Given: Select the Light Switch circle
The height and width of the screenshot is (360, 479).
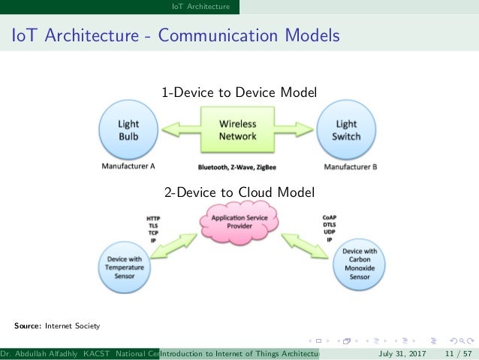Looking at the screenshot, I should coord(347,129).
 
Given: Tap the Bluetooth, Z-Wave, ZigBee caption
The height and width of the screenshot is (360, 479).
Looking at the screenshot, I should coord(237,166).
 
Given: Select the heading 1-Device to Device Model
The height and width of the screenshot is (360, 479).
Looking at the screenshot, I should coord(239,92).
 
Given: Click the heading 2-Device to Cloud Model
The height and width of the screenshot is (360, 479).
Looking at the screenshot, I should coord(239,192).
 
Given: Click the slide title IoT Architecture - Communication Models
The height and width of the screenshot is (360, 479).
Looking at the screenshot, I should coord(174,35).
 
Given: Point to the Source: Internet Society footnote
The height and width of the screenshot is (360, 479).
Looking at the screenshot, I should coord(56,326).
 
